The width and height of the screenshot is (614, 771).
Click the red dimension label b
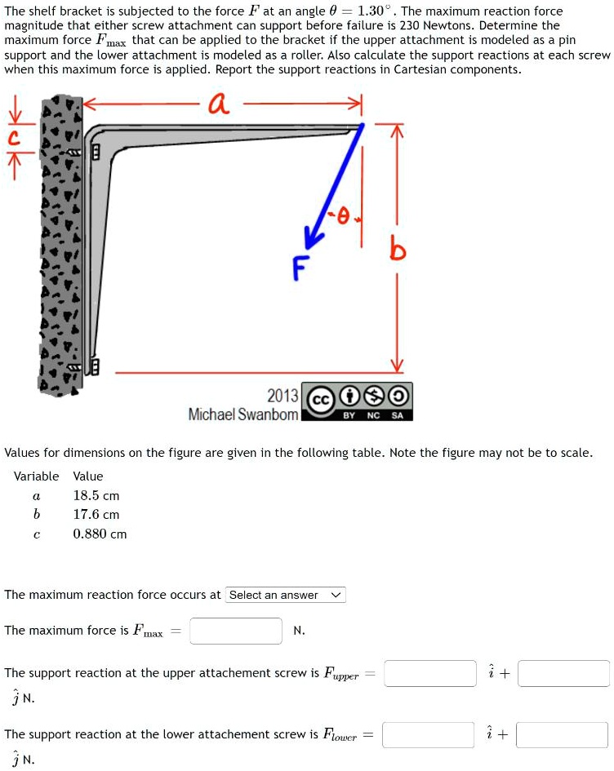398,251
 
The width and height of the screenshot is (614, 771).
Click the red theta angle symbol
343,215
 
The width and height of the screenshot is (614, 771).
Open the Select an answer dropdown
286,595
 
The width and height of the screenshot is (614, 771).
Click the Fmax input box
236,631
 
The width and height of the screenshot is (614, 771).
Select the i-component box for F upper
430,673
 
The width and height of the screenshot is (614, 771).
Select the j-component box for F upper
563,673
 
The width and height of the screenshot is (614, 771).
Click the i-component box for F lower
429,734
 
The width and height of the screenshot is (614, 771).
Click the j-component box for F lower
562,734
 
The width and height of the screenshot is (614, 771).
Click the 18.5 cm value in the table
96,495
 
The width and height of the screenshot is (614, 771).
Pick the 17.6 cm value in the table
96,515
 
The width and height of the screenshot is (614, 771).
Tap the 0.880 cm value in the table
100,534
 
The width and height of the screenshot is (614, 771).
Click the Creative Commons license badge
357,401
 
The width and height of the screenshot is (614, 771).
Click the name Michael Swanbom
243,414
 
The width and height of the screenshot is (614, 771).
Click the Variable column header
36,476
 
